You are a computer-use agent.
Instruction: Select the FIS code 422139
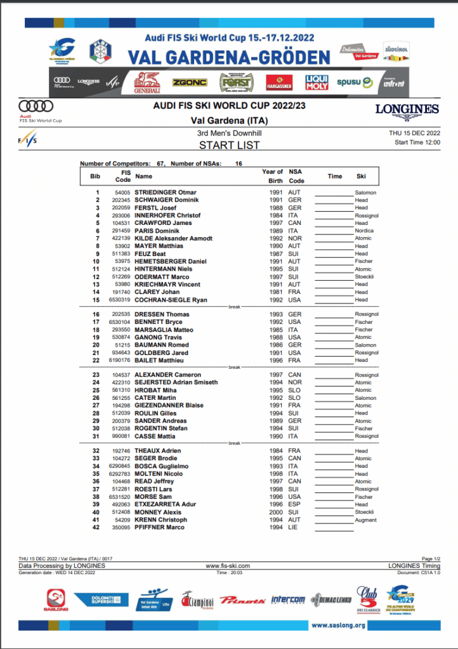(x=122, y=238)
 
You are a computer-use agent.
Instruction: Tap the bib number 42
(x=96, y=527)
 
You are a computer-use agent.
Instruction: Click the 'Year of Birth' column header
(x=272, y=176)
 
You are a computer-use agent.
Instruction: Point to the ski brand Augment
(x=366, y=520)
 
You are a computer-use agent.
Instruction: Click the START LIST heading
(x=229, y=145)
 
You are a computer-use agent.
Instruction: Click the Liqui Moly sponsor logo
(x=317, y=82)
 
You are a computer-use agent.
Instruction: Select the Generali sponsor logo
(x=147, y=82)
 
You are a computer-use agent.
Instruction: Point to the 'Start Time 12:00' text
(x=417, y=142)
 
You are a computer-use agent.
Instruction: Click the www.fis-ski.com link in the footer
(x=228, y=565)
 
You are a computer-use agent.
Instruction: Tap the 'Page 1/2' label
(x=431, y=558)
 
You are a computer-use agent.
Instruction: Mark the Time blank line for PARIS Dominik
(x=334, y=231)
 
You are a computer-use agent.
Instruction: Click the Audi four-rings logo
(x=36, y=106)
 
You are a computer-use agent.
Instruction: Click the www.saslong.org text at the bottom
(x=338, y=626)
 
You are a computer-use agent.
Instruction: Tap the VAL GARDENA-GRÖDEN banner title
(x=229, y=57)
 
